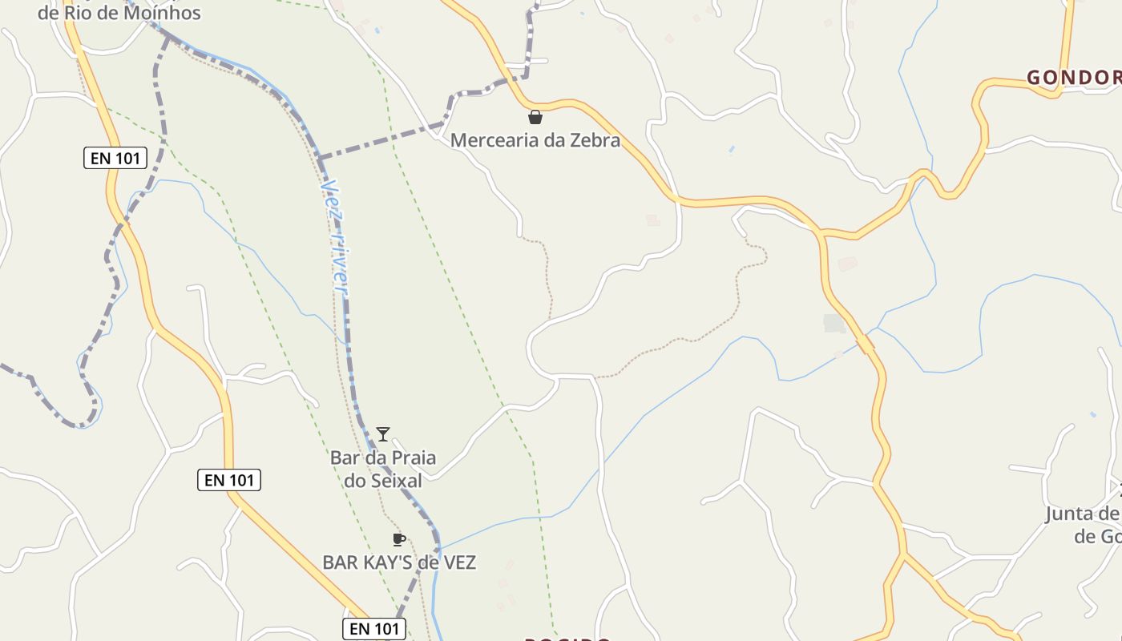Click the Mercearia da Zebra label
point(535,140)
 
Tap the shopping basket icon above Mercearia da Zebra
point(535,118)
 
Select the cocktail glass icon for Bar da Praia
point(383,434)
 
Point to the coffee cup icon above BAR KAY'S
point(398,539)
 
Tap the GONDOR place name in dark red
point(1074,78)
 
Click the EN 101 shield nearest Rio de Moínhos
point(115,158)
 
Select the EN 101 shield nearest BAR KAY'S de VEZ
point(374,629)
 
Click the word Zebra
point(594,140)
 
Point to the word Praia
point(411,458)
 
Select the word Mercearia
point(494,140)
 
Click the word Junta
point(1072,514)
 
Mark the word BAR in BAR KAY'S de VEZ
point(341,562)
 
